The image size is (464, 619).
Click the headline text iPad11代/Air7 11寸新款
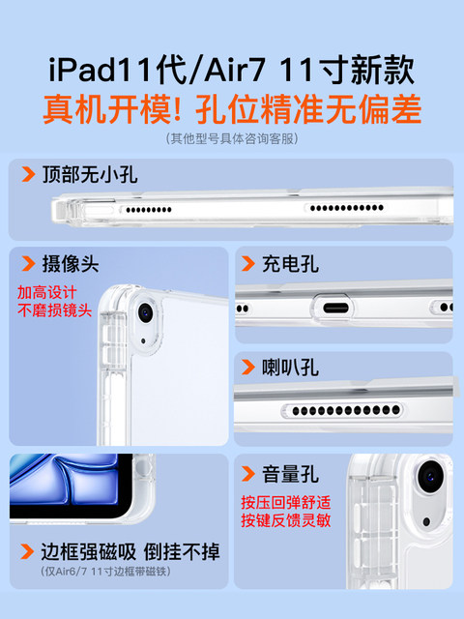(232, 71)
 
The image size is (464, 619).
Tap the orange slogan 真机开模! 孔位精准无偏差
(232, 109)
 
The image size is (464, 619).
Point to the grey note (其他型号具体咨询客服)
(232, 138)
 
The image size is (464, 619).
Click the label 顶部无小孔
(90, 174)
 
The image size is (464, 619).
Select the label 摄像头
(71, 264)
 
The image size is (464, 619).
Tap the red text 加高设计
(46, 292)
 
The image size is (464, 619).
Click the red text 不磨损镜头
(54, 310)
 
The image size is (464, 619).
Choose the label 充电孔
(290, 264)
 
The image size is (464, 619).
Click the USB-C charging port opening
(335, 308)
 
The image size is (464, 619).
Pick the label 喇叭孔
(290, 368)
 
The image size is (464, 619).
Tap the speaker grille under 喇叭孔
(342, 410)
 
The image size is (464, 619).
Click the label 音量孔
(290, 474)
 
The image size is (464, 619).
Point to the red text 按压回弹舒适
(286, 503)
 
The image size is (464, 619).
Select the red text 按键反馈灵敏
(286, 520)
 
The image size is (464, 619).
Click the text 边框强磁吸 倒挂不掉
(130, 551)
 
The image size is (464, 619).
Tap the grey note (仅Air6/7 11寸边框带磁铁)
(105, 572)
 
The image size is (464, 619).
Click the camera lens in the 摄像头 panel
(146, 312)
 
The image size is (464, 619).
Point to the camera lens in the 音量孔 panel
(430, 477)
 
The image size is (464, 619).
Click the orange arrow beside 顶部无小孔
(28, 174)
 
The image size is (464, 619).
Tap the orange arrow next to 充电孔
(248, 264)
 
